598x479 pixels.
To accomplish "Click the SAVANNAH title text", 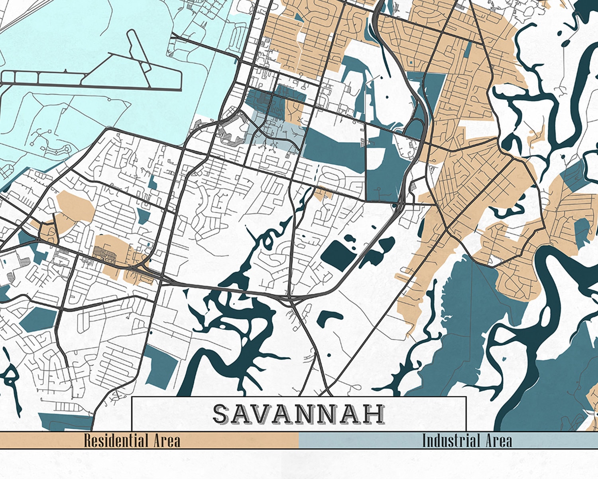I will (x=299, y=414).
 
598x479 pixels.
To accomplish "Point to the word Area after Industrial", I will (x=499, y=441).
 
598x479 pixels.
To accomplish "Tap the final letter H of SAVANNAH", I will (x=375, y=414).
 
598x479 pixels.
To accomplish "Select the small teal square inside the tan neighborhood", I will (x=411, y=63).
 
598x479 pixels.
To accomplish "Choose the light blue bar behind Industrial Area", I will (x=359, y=441).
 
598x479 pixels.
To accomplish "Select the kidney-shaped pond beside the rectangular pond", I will (x=379, y=249).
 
